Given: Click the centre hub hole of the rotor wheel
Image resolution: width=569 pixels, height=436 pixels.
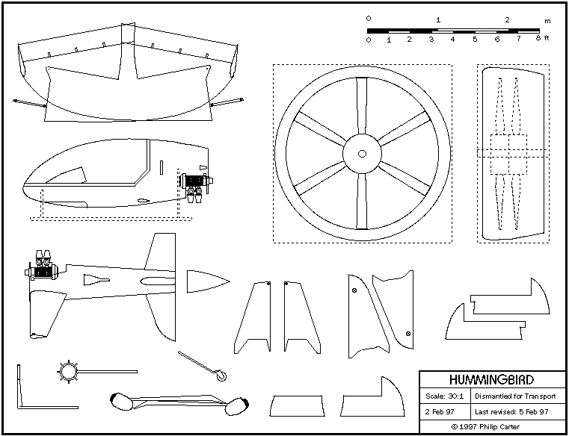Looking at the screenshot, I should (362, 154).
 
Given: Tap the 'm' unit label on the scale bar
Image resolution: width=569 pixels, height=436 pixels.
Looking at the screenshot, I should (547, 20).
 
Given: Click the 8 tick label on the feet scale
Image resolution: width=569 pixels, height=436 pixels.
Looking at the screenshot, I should (538, 40).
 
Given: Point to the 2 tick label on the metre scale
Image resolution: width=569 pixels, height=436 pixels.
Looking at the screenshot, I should (507, 20).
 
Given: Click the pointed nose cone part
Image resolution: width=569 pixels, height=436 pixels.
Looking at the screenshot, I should (206, 281).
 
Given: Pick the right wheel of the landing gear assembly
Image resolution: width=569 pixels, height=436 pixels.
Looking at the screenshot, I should (237, 408).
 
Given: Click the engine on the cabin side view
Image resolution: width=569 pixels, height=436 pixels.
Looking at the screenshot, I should (196, 182).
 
